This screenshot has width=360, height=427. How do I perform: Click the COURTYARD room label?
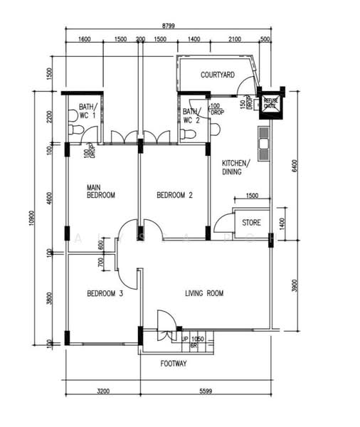pyautogui.click(x=218, y=74)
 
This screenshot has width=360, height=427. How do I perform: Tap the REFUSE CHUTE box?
pyautogui.click(x=271, y=104)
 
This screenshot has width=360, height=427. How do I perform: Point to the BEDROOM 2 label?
pyautogui.click(x=174, y=194)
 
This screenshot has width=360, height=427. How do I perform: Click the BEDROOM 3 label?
pyautogui.click(x=105, y=293)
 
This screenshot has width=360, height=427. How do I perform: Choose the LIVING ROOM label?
pyautogui.click(x=205, y=293)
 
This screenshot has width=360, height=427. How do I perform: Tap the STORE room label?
pyautogui.click(x=252, y=222)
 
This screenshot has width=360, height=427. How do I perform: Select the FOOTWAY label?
pyautogui.click(x=174, y=364)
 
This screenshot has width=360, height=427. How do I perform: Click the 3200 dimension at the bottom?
pyautogui.click(x=103, y=391)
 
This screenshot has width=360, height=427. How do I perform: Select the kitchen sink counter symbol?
pyautogui.click(x=263, y=144)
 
